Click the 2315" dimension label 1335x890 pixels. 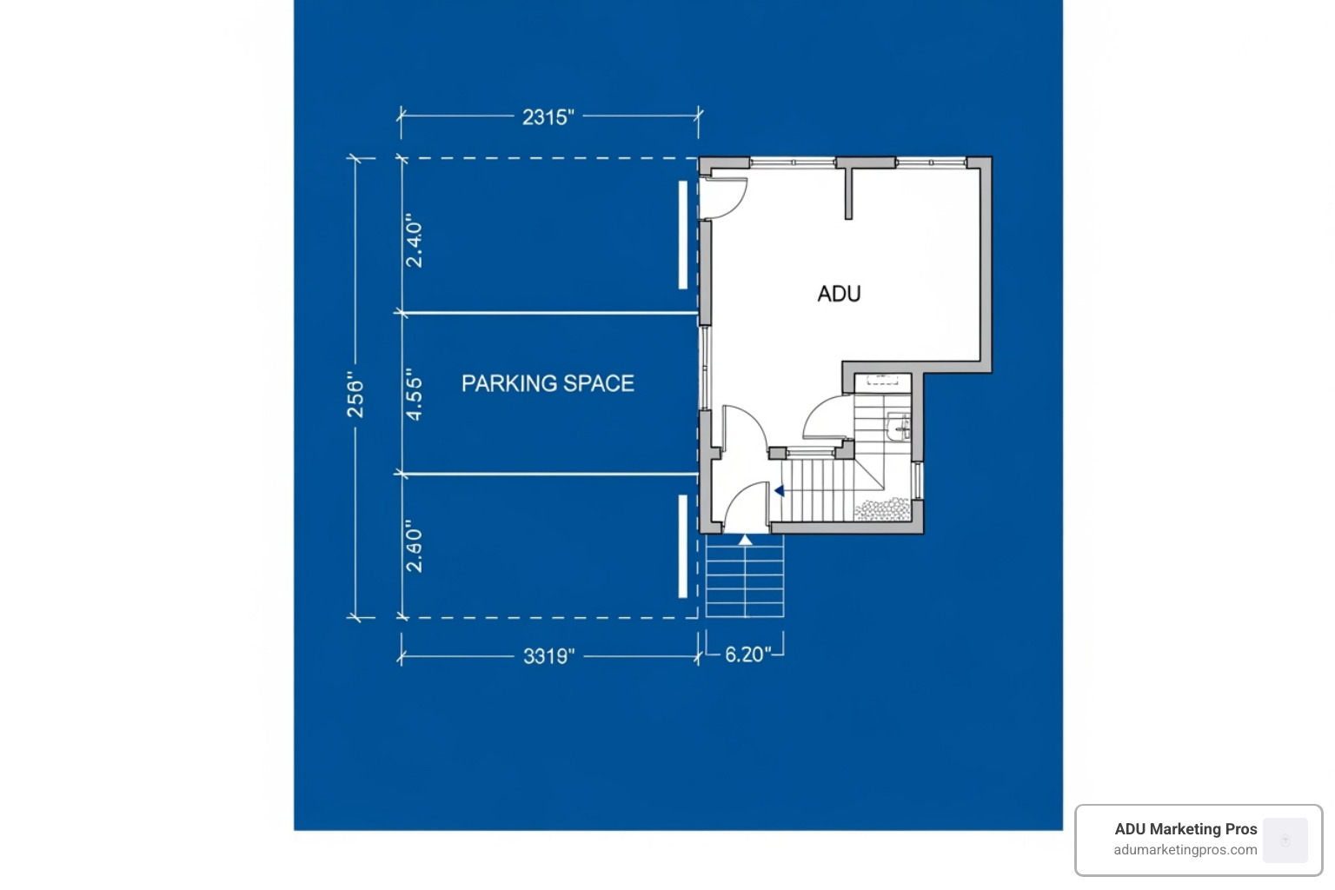pyautogui.click(x=548, y=116)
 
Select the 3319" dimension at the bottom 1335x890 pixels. pyautogui.click(x=548, y=655)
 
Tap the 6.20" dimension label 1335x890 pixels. pyautogui.click(x=748, y=654)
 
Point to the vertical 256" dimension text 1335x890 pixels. pyautogui.click(x=355, y=395)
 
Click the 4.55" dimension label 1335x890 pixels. pyautogui.click(x=415, y=399)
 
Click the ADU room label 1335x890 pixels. pyautogui.click(x=839, y=294)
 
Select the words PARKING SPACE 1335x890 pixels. pyautogui.click(x=548, y=383)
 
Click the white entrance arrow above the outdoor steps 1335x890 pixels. pyautogui.click(x=745, y=540)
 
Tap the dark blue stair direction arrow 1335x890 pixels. pyautogui.click(x=780, y=491)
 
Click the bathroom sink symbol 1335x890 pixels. pyautogui.click(x=900, y=427)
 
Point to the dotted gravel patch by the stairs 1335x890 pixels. pyautogui.click(x=881, y=509)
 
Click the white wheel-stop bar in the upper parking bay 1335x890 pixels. pyautogui.click(x=682, y=235)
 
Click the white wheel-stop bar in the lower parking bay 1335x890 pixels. pyautogui.click(x=682, y=546)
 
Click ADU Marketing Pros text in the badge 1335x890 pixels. pyautogui.click(x=1186, y=829)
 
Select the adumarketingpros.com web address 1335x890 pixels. pyautogui.click(x=1186, y=850)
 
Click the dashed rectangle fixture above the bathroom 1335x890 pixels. pyautogui.click(x=882, y=380)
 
